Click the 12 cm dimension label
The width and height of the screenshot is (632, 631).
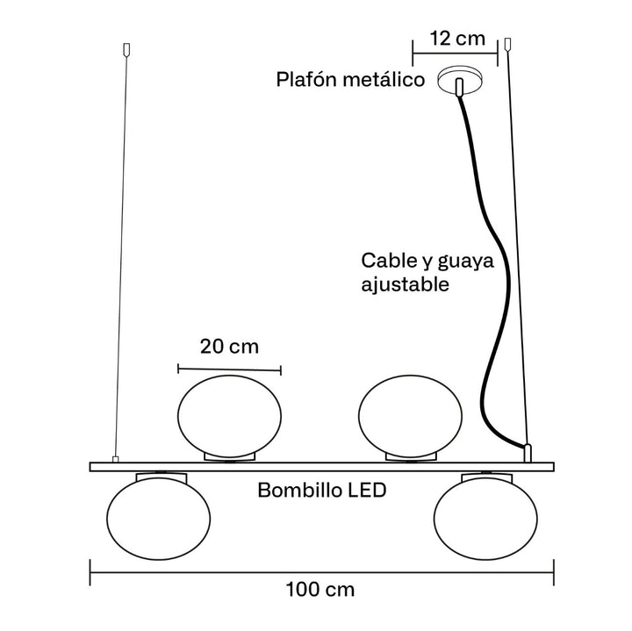point(456,39)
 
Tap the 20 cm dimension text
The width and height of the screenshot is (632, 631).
point(229,346)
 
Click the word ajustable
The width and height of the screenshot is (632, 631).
point(406,285)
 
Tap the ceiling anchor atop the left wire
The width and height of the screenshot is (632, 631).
point(128,48)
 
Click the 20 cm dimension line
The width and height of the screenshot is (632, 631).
point(229,369)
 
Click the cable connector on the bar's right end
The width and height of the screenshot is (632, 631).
point(528,453)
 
